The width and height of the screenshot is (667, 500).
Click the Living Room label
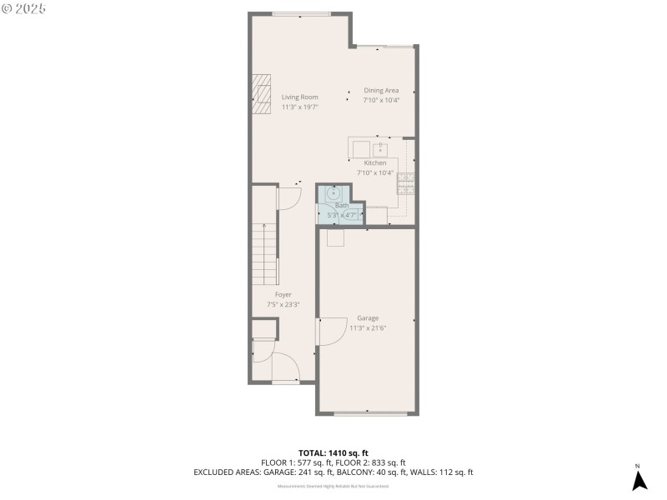[x=299, y=97]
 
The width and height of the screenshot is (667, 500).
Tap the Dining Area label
[x=381, y=90]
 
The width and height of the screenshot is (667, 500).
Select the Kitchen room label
[x=375, y=163]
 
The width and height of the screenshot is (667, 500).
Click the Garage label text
[x=368, y=318]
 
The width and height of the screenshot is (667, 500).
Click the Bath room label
[x=342, y=206]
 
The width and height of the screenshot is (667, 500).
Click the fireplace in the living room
[x=262, y=93]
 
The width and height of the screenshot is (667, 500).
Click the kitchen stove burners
[x=406, y=182]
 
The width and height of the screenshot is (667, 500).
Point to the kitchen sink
[x=379, y=150]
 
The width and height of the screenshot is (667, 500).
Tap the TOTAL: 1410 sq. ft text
[x=333, y=453]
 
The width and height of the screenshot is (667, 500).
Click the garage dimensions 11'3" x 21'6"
[x=368, y=327]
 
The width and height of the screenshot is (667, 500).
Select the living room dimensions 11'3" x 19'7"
[x=299, y=107]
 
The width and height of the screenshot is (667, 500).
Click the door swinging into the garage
[x=331, y=333]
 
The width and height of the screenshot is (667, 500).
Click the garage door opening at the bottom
[x=368, y=413]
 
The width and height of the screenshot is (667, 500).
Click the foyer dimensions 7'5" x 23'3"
[x=283, y=305]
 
